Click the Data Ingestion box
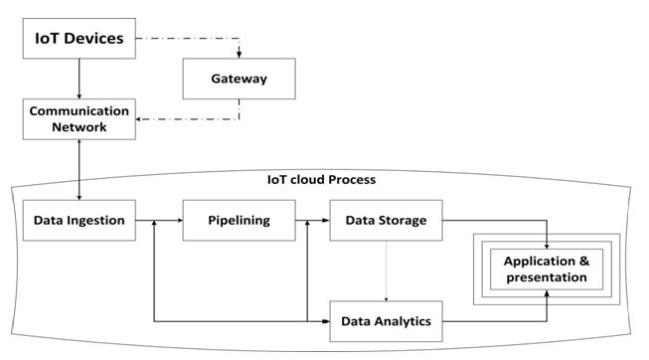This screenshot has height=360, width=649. [x=79, y=220]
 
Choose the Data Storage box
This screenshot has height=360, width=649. [x=385, y=220]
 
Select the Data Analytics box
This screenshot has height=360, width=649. [x=385, y=321]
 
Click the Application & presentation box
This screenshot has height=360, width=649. [x=545, y=269]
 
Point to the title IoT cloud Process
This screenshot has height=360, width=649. [x=320, y=181]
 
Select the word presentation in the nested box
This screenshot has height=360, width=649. [x=545, y=277]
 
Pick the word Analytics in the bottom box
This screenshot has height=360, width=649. [x=404, y=321]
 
